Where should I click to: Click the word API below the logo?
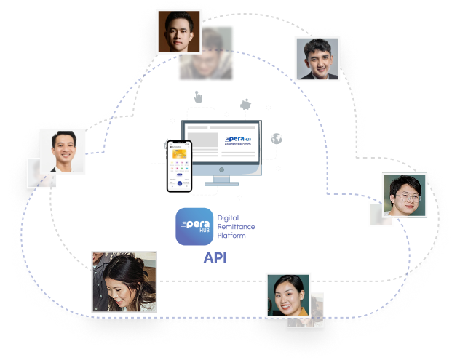click(x=216, y=257)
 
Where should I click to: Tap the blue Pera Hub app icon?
click(x=195, y=226)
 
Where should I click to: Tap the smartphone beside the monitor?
click(x=179, y=165)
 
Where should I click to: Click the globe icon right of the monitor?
click(x=276, y=139)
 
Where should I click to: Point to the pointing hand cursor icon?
click(x=197, y=97)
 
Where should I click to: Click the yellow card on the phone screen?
click(x=178, y=154)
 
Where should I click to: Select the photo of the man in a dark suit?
click(x=317, y=58)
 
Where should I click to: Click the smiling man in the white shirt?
click(x=62, y=151)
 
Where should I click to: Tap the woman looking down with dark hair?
click(x=124, y=281)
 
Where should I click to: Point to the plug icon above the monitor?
click(x=245, y=103)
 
